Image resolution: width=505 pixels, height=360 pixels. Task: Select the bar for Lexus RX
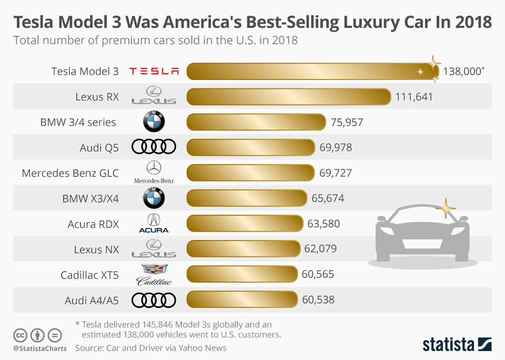pyautogui.click(x=289, y=97)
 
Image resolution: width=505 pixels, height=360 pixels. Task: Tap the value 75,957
pyautogui.click(x=347, y=122)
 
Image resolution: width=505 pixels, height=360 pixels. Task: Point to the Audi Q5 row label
pyautogui.click(x=99, y=147)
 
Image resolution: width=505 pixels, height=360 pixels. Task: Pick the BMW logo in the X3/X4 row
pyautogui.click(x=154, y=198)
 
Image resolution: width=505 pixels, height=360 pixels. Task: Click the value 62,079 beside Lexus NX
pyautogui.click(x=320, y=249)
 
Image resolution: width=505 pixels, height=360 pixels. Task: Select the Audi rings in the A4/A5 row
pyautogui.click(x=154, y=300)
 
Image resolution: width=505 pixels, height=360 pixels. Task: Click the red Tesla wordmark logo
pyautogui.click(x=154, y=71)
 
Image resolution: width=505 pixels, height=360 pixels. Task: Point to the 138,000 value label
pyautogui.click(x=462, y=72)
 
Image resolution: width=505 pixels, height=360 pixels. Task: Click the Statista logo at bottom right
pyautogui.click(x=457, y=345)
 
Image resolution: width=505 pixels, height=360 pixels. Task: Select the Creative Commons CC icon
pyautogui.click(x=20, y=335)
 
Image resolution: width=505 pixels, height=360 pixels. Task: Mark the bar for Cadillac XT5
pyautogui.click(x=242, y=274)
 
